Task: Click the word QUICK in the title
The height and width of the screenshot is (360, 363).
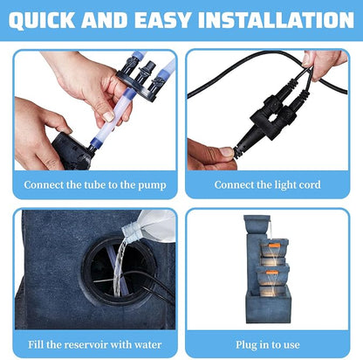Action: click(x=42, y=20)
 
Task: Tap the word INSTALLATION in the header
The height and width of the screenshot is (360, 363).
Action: click(x=276, y=20)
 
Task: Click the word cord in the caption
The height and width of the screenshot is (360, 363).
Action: click(x=311, y=184)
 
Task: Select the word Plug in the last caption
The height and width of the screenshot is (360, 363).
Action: click(x=246, y=345)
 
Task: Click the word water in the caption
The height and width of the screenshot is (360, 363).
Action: click(x=147, y=345)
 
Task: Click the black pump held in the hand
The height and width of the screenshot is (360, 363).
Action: click(x=72, y=152)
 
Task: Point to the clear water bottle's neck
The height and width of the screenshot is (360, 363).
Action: click(x=130, y=229)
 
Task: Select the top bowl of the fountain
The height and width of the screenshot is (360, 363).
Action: click(x=257, y=223)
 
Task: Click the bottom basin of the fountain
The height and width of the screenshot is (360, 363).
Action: click(x=268, y=305)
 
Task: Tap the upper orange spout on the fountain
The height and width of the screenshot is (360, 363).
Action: click(x=274, y=246)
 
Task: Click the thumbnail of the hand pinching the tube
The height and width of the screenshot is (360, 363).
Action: click(x=95, y=110)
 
